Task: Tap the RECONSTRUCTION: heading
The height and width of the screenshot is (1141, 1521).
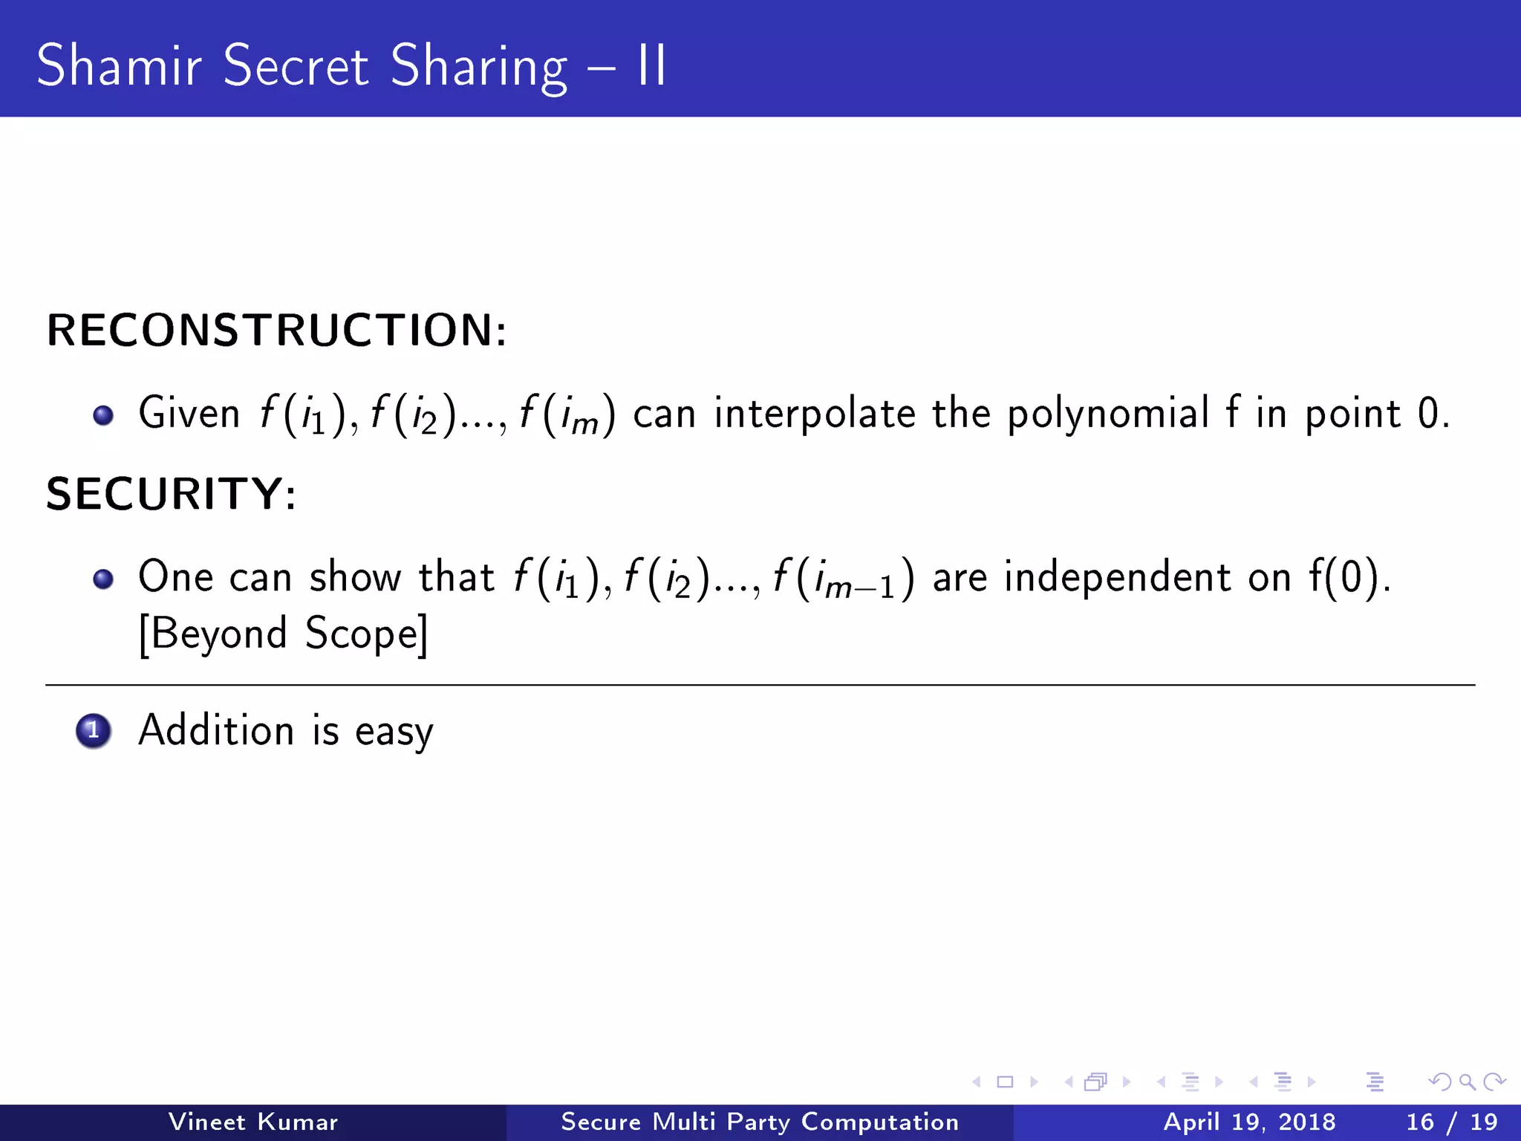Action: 276,330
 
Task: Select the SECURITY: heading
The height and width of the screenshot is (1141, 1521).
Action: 172,493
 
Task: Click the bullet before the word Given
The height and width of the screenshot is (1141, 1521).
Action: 103,415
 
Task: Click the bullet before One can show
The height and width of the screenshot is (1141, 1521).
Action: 103,579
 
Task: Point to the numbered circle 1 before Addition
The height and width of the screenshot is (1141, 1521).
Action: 94,731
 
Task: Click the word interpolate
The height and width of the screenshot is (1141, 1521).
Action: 815,414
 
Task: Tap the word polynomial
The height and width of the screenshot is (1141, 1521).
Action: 1107,414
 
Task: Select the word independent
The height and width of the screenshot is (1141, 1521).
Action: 1117,577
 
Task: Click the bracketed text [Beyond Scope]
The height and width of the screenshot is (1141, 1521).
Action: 283,634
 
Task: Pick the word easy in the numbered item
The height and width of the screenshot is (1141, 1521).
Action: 394,732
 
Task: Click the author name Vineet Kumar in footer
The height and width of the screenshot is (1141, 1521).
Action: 253,1122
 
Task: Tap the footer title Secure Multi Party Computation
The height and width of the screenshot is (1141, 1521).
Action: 759,1122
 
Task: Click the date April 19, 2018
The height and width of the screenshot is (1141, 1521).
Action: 1249,1122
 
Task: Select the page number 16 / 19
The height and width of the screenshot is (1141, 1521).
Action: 1451,1122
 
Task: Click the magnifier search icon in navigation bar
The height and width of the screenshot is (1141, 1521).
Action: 1466,1082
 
